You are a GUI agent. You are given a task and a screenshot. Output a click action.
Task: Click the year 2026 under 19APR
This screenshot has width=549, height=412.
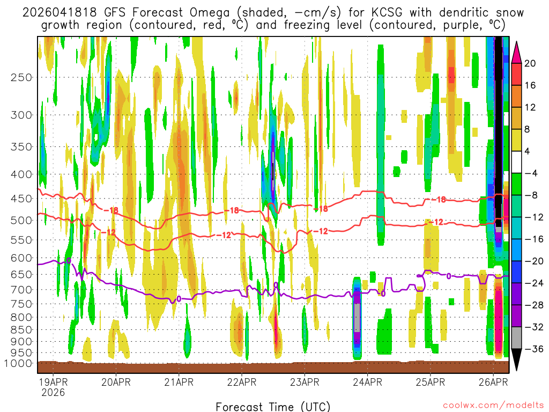coord(53,392)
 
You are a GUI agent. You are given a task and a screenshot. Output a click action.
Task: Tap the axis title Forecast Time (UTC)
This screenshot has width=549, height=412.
coord(273,406)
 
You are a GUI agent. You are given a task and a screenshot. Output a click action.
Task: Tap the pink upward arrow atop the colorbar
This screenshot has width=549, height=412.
coord(517,51)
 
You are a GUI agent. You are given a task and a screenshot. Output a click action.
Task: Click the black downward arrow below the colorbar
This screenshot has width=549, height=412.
coord(517,360)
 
